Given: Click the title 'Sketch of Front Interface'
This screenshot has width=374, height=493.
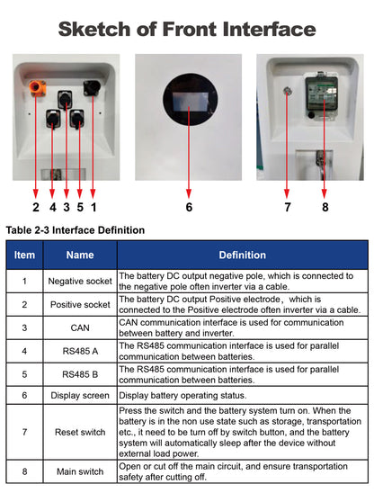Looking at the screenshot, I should tap(187, 28).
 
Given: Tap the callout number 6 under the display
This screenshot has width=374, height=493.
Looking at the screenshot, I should tap(189, 207).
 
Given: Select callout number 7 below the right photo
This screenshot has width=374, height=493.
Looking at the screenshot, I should tap(287, 207).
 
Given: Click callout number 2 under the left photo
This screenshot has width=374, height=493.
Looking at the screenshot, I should tap(36, 207).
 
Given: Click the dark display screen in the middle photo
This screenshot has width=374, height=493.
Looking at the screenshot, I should tap(189, 98).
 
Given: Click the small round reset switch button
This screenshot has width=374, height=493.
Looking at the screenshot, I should tap(287, 91).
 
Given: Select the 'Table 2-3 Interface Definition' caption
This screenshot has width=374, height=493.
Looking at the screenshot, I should tap(76, 230).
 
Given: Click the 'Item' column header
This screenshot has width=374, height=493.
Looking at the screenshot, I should tap(25, 255).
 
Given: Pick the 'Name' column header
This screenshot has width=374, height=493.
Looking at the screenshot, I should tap(79, 255).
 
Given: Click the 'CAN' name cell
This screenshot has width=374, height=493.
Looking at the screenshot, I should tap(79, 328).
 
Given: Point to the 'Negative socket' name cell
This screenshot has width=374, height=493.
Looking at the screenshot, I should tap(79, 281).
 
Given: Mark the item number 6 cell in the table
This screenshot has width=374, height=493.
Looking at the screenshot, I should tap(25, 395).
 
